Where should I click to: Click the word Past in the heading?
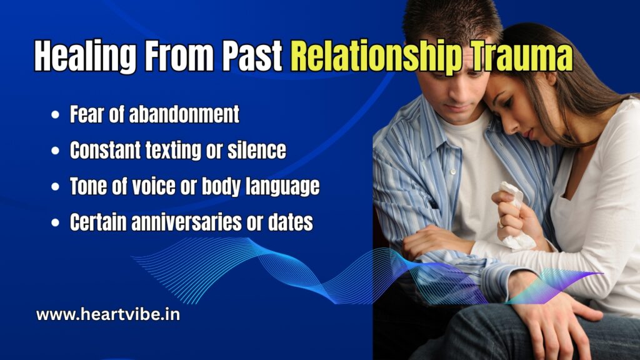click(252, 57)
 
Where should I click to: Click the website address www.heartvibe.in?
click(108, 314)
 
